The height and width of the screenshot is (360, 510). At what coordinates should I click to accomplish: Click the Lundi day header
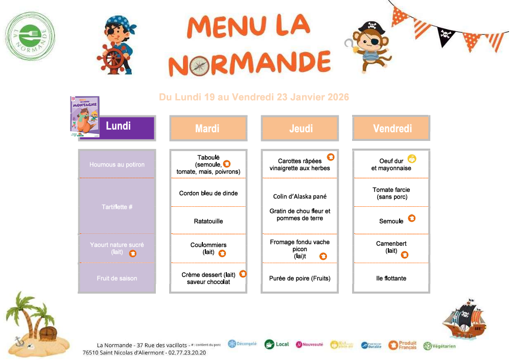click(118, 127)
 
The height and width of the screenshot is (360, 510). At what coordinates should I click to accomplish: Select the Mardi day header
click(207, 128)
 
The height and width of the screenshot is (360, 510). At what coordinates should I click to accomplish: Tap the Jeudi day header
click(300, 128)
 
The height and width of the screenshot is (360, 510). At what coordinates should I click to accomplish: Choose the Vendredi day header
click(391, 128)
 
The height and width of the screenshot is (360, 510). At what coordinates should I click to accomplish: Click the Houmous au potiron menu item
click(117, 164)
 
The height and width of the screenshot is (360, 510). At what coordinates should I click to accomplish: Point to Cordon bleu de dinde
click(208, 193)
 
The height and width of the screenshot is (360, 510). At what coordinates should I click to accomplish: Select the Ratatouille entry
click(208, 221)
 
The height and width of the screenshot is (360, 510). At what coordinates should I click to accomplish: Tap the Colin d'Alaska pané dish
click(300, 196)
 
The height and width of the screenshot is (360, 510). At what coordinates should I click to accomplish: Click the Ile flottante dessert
click(391, 278)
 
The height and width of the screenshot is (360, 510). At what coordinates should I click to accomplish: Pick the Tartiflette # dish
click(117, 207)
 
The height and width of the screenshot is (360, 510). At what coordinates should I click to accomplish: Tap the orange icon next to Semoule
click(411, 218)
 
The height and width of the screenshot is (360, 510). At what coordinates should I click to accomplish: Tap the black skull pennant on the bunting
click(446, 36)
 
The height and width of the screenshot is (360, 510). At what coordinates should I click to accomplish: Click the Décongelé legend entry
click(242, 344)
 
